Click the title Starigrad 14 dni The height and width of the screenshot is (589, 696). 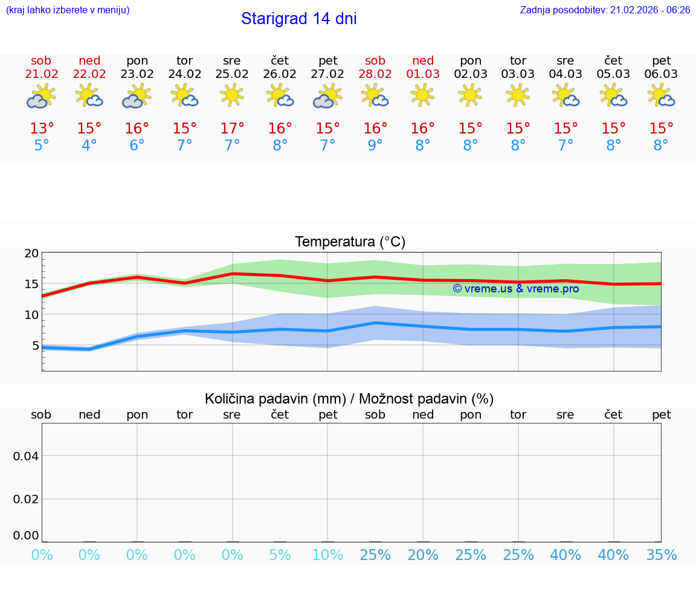pos(298,19)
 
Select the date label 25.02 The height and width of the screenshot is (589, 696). pos(232,74)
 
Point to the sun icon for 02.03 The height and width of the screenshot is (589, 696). pos(471,95)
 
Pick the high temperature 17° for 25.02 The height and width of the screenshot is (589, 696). pos(232,128)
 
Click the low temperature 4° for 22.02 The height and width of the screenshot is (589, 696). pos(89,146)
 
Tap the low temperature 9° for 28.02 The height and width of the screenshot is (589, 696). pos(375,146)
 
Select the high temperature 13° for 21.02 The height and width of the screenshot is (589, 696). pos(42,128)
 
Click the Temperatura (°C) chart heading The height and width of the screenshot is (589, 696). pos(350,242)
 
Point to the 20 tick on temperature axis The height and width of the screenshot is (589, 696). pos(31,254)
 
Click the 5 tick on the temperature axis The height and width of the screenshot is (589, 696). pos(34,346)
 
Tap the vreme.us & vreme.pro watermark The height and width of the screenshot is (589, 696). pos(515,289)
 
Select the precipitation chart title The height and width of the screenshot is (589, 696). pos(349,399)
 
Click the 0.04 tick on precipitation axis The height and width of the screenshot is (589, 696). pos(26,455)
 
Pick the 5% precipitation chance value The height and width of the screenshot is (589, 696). pos(280,555)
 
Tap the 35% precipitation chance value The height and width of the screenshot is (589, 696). pos(661,555)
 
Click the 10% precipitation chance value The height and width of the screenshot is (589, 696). pos(327,555)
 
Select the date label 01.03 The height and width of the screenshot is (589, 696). pos(423,74)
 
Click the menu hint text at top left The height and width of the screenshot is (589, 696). pos(68,10)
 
